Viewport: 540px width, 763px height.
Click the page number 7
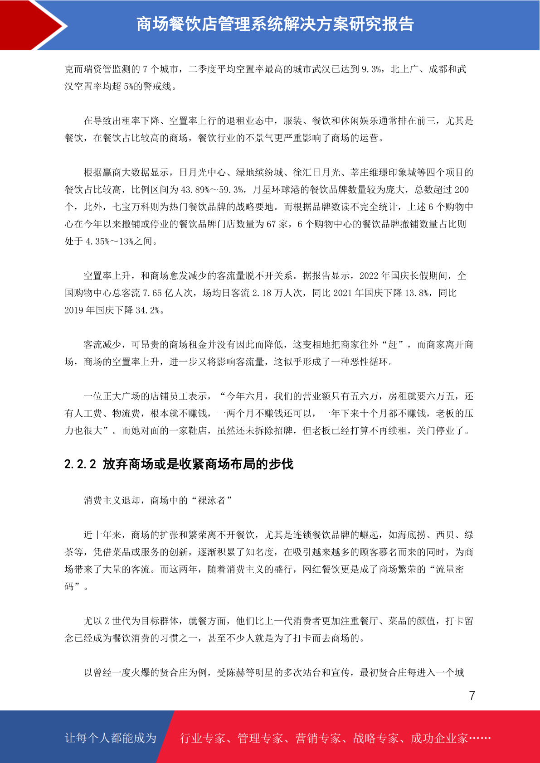472,695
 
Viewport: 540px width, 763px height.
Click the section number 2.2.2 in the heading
80,464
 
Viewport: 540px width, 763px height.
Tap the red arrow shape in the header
32,25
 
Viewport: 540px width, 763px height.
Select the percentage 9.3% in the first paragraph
371,69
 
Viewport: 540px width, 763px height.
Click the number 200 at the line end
461,190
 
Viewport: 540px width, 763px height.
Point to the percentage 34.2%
148,310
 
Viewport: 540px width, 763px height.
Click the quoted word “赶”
393,345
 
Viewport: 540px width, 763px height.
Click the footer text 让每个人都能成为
111,738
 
